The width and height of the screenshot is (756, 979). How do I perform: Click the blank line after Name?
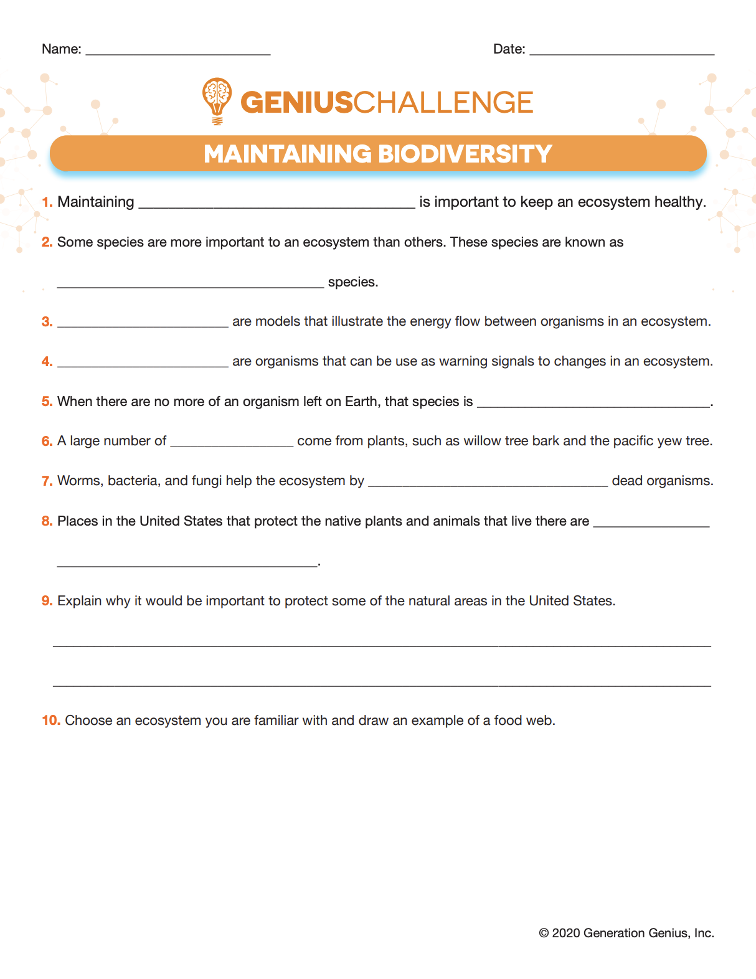[177, 52]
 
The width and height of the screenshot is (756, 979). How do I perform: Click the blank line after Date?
[621, 52]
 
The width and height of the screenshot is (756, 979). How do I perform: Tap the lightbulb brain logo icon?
[217, 100]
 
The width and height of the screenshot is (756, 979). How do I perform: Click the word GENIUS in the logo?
[296, 103]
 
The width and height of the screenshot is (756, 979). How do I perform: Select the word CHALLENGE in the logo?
[443, 103]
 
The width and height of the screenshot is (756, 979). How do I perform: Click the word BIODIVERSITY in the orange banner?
[465, 154]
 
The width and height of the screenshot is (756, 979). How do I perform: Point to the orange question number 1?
[47, 202]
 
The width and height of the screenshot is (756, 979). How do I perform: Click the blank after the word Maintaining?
[276, 205]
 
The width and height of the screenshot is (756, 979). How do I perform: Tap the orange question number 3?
[47, 322]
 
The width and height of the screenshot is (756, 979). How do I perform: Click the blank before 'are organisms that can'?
[143, 364]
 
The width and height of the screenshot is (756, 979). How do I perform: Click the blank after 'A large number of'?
[232, 444]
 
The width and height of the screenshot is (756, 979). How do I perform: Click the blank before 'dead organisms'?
[488, 484]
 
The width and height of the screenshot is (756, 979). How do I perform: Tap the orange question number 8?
[47, 521]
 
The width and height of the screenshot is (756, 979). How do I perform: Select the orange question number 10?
[50, 721]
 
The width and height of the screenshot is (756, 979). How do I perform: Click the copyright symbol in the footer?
[544, 933]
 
